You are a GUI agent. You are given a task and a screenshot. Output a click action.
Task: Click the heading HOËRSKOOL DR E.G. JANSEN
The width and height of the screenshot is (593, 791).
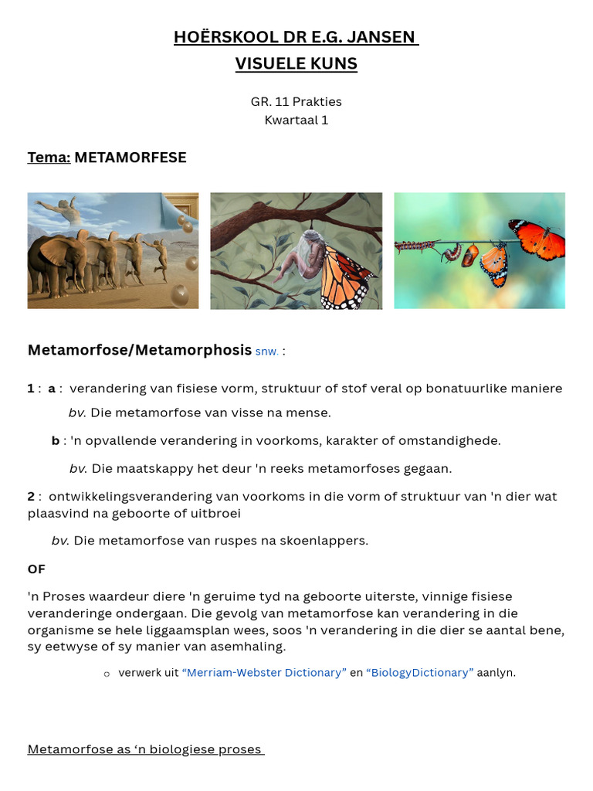[296, 37]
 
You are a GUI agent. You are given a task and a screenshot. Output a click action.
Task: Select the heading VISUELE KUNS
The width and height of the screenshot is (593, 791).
[296, 63]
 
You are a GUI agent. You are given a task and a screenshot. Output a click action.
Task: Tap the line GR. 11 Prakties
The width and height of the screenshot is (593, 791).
[296, 101]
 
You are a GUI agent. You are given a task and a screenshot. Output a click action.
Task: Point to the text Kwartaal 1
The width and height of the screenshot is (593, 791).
[296, 121]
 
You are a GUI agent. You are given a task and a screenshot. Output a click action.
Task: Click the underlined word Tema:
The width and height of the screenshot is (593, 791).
[49, 158]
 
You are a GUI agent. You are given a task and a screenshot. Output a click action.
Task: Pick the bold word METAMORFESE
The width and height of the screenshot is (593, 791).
[130, 158]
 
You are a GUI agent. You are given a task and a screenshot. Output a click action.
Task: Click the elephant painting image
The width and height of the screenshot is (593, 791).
[113, 250]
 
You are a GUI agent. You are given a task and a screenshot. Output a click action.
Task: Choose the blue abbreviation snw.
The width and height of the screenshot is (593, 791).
[267, 351]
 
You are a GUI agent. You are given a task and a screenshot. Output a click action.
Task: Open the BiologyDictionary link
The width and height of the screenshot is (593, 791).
[420, 673]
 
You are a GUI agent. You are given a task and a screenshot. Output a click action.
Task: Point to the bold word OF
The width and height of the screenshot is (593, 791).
[36, 569]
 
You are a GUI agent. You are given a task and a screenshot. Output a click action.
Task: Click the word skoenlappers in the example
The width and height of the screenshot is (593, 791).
[324, 541]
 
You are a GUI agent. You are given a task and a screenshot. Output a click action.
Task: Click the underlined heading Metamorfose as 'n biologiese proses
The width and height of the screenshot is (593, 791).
[146, 749]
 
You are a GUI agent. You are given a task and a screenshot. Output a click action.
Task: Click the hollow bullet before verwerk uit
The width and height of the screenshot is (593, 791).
[107, 674]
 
